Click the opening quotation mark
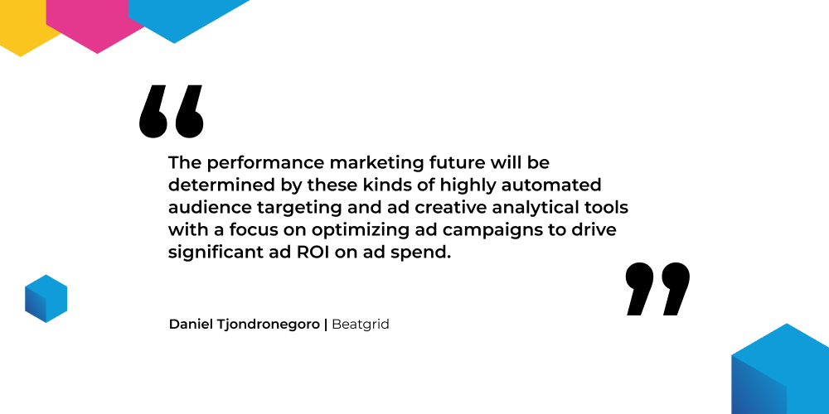click(172, 112)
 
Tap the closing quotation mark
click(657, 289)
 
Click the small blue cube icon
click(46, 298)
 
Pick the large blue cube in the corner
click(780, 368)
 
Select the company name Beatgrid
click(361, 325)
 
